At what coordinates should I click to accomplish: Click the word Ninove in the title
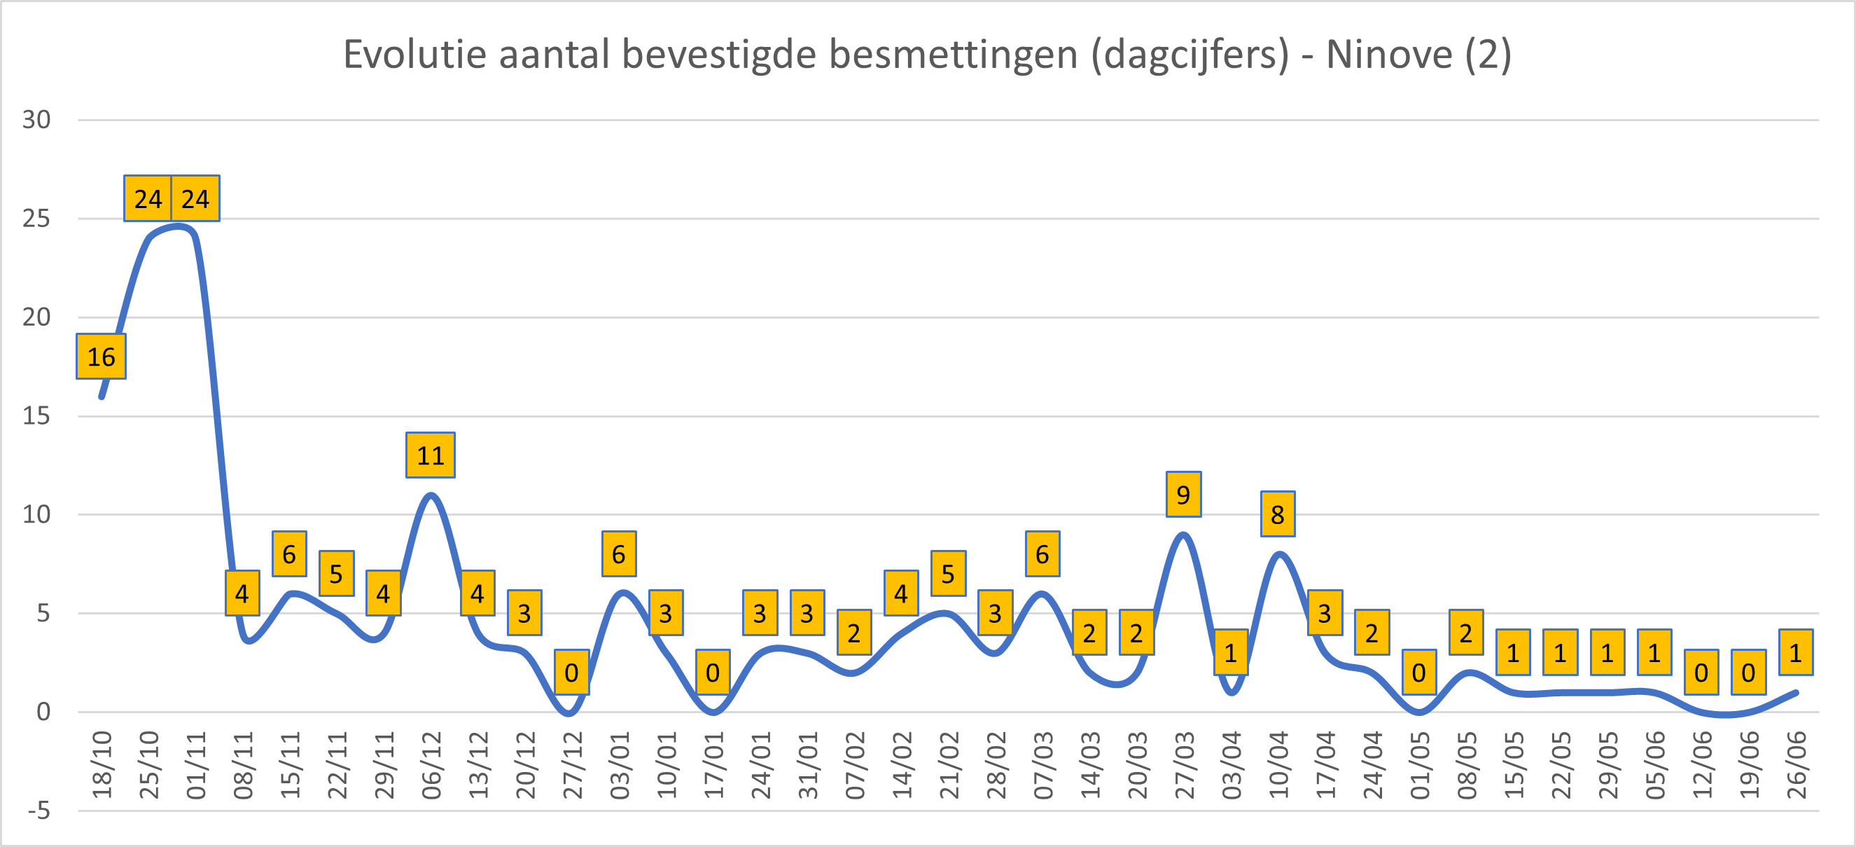pos(1389,55)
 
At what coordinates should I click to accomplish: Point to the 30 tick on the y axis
pos(36,120)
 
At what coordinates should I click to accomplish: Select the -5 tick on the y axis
pos(39,811)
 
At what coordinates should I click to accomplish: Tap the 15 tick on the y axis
pos(36,416)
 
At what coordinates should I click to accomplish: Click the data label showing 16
pos(101,357)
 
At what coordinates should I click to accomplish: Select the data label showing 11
pos(430,455)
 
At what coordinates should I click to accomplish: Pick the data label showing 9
pos(1183,495)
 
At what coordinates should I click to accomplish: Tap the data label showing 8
pos(1278,515)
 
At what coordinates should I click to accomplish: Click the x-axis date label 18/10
pos(102,765)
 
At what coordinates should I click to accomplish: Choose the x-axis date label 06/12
pos(431,765)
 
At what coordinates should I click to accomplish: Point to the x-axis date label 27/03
pos(1184,765)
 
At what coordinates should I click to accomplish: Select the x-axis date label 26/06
pos(1796,765)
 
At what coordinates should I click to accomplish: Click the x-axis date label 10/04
pos(1278,765)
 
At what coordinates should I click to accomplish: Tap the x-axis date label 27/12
pos(572,765)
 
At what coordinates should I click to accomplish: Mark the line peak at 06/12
pos(430,495)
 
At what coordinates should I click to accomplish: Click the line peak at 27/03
pos(1183,535)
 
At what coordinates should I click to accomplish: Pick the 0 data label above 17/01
pos(713,673)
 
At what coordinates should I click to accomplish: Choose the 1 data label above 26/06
pos(1796,653)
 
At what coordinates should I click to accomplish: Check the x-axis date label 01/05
pos(1419,765)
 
